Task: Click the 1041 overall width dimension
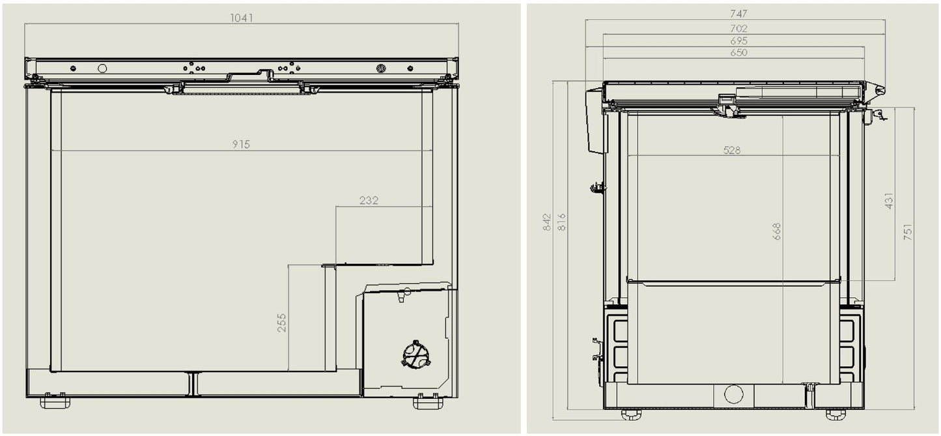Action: click(x=241, y=18)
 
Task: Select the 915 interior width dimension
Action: click(x=241, y=144)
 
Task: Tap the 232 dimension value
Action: click(x=369, y=201)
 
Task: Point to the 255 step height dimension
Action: click(x=282, y=323)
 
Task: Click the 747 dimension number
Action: click(x=738, y=13)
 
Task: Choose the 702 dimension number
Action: click(x=738, y=28)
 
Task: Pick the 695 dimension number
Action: click(x=738, y=40)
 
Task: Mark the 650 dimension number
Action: click(x=738, y=52)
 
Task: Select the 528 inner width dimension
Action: click(x=732, y=150)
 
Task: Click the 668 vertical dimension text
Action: click(x=777, y=231)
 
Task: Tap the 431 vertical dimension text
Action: click(x=889, y=201)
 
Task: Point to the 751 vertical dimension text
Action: click(x=908, y=232)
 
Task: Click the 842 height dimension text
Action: click(x=547, y=222)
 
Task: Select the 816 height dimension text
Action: click(x=562, y=222)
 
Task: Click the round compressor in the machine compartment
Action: click(x=415, y=355)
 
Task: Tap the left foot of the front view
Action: click(x=55, y=402)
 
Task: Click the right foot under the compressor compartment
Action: click(x=428, y=402)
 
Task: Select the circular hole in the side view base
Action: click(x=733, y=394)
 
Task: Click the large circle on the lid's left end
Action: click(x=102, y=68)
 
